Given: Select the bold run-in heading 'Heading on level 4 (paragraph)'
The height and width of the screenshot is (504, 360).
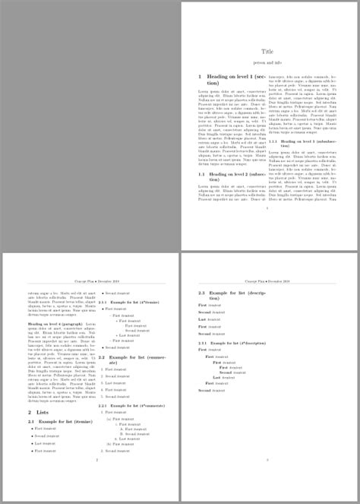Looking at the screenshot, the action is [x=58, y=324].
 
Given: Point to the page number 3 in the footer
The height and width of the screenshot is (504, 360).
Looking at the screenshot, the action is [x=267, y=460].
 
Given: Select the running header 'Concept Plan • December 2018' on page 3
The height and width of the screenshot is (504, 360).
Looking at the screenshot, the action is [x=267, y=281].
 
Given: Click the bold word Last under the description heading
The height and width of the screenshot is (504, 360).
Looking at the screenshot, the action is [x=202, y=319].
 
